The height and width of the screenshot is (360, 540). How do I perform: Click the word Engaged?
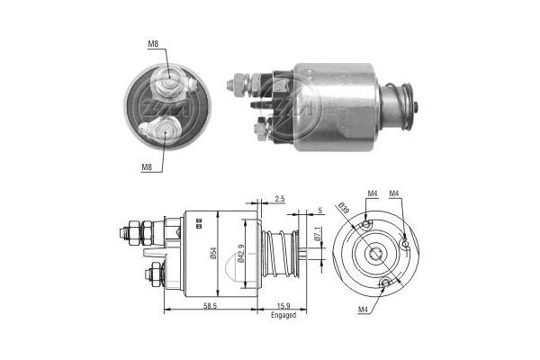[283, 317]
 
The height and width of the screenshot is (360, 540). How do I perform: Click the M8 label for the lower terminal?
[147, 166]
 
